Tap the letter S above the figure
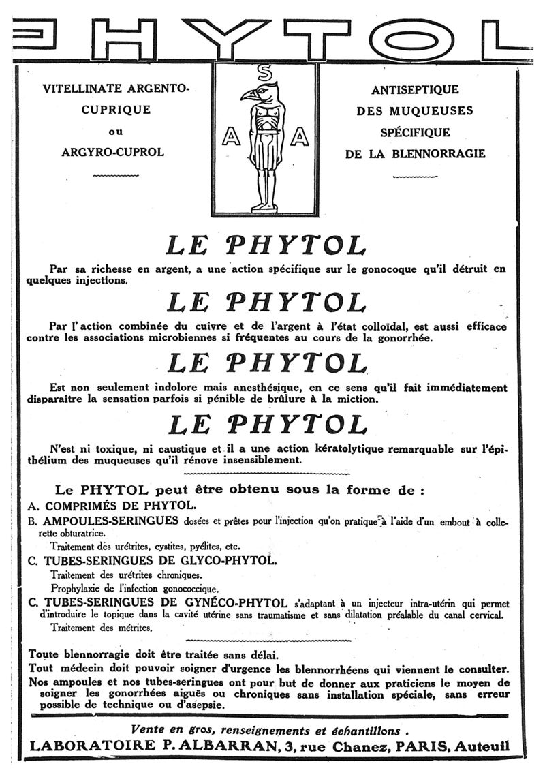pos(266,71)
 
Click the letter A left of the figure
pos(230,137)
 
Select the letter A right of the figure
pos(299,137)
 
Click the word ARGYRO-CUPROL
pos(112,152)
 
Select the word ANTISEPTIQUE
pos(415,89)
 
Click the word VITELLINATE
pos(82,89)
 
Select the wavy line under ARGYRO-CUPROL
pos(112,176)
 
